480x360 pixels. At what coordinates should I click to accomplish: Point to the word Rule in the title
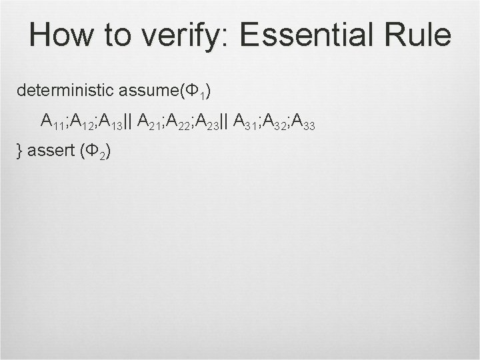pyautogui.click(x=420, y=35)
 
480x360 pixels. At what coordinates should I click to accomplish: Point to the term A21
pyautogui.click(x=151, y=121)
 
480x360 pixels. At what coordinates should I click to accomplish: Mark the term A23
pyautogui.click(x=208, y=121)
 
